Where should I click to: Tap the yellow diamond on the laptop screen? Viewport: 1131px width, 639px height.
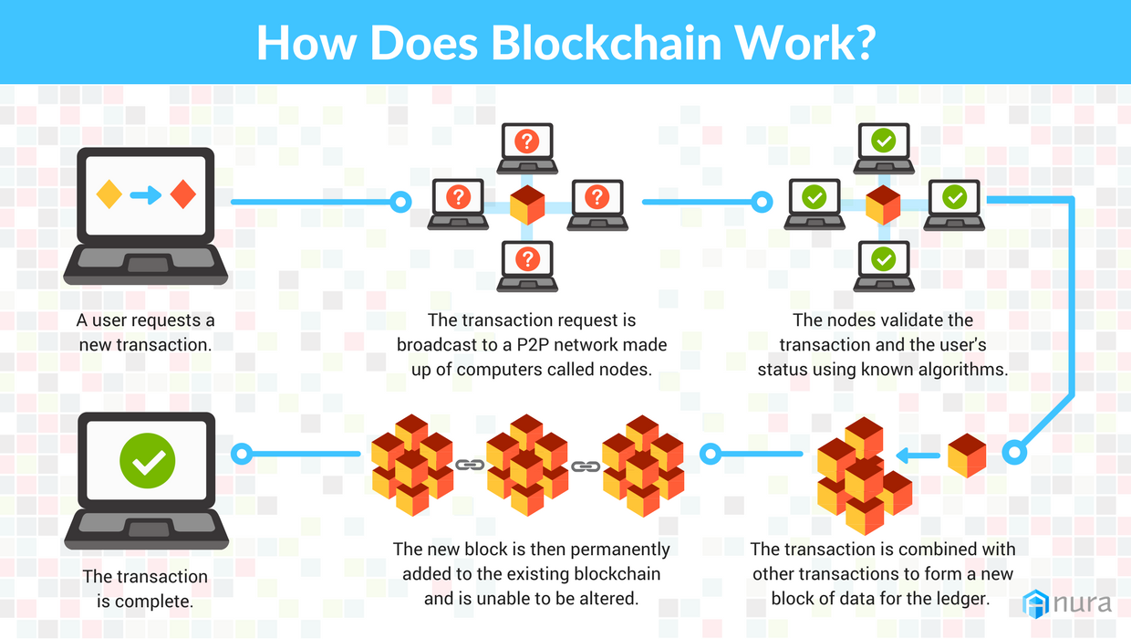[x=109, y=194]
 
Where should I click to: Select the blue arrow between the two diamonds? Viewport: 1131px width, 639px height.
[x=146, y=194]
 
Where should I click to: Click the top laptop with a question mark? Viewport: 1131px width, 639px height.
[x=526, y=146]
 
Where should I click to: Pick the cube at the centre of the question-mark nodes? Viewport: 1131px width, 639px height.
[x=526, y=204]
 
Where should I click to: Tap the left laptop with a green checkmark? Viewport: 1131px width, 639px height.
[x=813, y=201]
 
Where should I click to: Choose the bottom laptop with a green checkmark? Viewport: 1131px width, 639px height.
[x=883, y=265]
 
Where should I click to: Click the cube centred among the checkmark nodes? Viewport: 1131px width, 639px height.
[x=883, y=204]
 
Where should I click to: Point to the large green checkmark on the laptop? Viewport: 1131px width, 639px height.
[x=146, y=462]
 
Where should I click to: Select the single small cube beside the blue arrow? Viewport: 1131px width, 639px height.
[x=967, y=455]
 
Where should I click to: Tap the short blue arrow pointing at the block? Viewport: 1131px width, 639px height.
[x=918, y=455]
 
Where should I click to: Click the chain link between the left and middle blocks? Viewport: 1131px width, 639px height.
[x=469, y=465]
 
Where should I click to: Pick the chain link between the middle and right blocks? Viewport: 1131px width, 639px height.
[x=585, y=466]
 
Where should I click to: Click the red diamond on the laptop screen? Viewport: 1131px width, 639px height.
[x=184, y=194]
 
